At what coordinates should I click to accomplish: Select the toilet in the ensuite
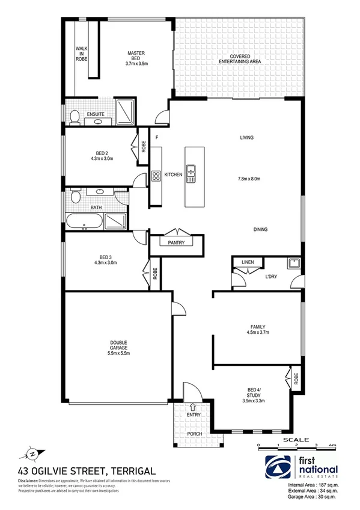pos(74,117)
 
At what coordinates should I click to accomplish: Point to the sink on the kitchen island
pos(191,173)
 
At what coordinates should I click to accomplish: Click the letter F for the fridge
pos(156,138)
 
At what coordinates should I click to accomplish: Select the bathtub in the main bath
pos(84,223)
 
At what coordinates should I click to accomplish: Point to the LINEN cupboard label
pos(247,263)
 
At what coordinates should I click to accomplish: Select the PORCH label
pos(194,434)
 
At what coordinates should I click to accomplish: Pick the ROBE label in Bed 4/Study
pos(296,380)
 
